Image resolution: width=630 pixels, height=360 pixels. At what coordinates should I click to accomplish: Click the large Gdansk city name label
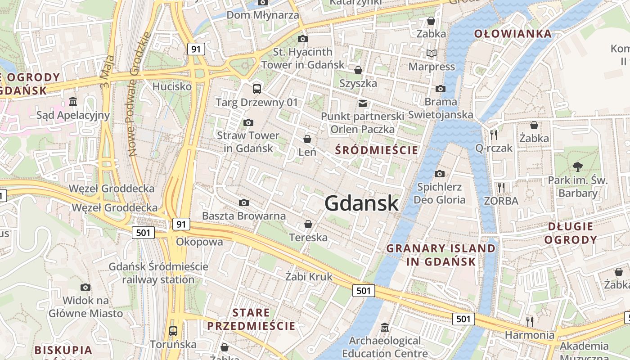pyautogui.click(x=361, y=203)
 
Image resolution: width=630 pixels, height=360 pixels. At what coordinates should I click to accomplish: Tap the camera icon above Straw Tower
pyautogui.click(x=248, y=122)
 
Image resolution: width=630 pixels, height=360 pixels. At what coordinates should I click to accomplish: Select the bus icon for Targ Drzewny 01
pyautogui.click(x=256, y=89)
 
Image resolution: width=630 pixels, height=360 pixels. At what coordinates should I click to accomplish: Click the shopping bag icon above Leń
pyautogui.click(x=307, y=139)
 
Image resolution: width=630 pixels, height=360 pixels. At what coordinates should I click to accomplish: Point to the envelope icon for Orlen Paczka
pyautogui.click(x=362, y=103)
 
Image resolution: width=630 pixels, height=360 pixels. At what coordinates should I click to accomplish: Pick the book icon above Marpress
pyautogui.click(x=432, y=54)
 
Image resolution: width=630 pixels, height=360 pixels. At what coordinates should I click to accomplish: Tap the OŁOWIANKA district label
pyautogui.click(x=513, y=34)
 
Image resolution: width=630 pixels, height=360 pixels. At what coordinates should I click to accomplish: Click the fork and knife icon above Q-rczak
pyautogui.click(x=494, y=135)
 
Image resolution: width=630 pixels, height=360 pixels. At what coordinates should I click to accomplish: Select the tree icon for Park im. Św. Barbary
pyautogui.click(x=578, y=167)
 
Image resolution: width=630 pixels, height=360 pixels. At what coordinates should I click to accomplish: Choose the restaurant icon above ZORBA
pyautogui.click(x=501, y=187)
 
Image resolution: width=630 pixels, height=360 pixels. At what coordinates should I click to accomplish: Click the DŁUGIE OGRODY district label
pyautogui.click(x=571, y=233)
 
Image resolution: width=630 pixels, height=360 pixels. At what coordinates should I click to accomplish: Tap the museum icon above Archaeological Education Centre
pyautogui.click(x=384, y=327)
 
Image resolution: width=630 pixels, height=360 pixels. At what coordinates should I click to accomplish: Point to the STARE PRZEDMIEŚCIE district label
pyautogui.click(x=251, y=319)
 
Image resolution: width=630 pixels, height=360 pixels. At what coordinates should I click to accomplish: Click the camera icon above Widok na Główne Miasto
pyautogui.click(x=85, y=287)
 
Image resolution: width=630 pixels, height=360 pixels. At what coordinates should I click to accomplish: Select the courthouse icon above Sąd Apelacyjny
pyautogui.click(x=73, y=102)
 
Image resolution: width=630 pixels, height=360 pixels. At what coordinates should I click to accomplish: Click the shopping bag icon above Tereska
pyautogui.click(x=308, y=224)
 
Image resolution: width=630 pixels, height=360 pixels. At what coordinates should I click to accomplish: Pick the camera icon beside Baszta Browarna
pyautogui.click(x=244, y=203)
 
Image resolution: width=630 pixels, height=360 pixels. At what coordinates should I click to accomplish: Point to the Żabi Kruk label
pyautogui.click(x=309, y=276)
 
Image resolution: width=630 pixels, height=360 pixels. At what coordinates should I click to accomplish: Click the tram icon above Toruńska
pyautogui.click(x=173, y=331)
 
